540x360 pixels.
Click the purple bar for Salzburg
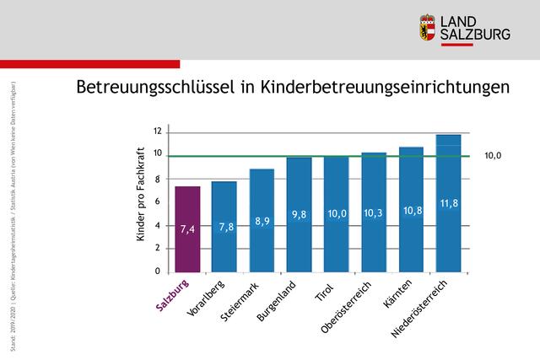point(187,229)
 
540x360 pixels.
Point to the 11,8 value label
point(448,204)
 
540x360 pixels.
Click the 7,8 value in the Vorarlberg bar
point(224,227)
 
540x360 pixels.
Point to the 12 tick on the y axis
point(156,131)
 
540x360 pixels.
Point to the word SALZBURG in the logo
point(476,34)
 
